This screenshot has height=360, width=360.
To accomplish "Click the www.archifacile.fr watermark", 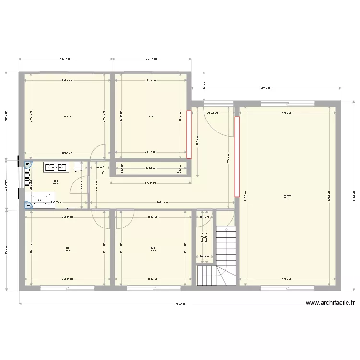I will coord(330,303).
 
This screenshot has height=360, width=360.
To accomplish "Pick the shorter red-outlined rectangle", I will coord(189,135).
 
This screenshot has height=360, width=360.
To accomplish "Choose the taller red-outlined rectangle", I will coord(237,156).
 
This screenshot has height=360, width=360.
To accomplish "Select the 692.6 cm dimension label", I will coord(265,88).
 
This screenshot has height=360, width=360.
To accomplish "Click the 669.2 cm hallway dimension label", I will coord(162,202).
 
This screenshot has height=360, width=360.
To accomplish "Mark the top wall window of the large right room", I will coord(287,103).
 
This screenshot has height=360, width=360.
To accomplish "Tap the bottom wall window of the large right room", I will coord(287,288).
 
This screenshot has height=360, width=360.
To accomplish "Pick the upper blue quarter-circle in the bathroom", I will coord(27,164).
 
